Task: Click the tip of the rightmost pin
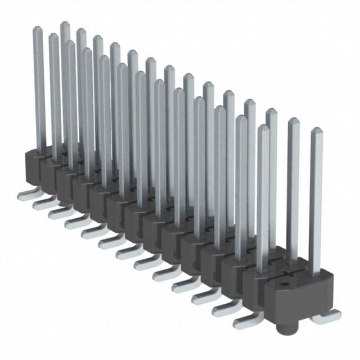click(316, 130)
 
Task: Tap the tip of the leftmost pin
click(37, 29)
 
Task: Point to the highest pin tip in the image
click(64, 24)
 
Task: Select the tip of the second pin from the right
click(293, 120)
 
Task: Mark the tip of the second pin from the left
click(53, 36)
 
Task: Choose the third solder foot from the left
click(60, 213)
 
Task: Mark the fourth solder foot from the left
click(76, 222)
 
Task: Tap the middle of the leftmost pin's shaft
click(39, 90)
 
